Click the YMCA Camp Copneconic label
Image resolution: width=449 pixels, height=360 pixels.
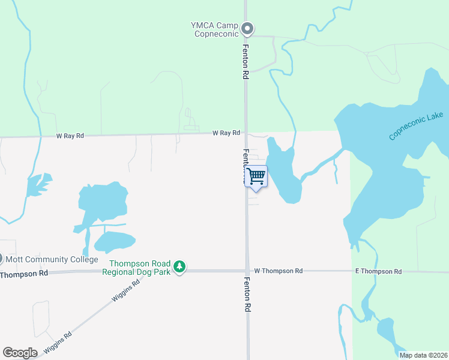(x=214, y=29)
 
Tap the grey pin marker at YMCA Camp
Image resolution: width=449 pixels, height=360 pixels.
(x=247, y=28)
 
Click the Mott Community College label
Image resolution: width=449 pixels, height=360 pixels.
(x=51, y=260)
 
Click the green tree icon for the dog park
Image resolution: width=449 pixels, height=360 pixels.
(x=179, y=266)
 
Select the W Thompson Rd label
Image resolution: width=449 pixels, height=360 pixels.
(x=278, y=271)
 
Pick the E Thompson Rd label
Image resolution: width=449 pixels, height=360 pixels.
(x=378, y=272)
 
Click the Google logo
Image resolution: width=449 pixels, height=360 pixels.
(x=20, y=353)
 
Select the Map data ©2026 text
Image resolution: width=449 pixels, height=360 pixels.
(x=423, y=355)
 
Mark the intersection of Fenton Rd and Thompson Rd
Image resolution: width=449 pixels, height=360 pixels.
(x=247, y=271)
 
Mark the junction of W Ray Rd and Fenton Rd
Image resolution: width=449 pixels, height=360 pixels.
(x=246, y=133)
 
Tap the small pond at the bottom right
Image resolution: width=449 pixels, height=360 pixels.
(x=385, y=329)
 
